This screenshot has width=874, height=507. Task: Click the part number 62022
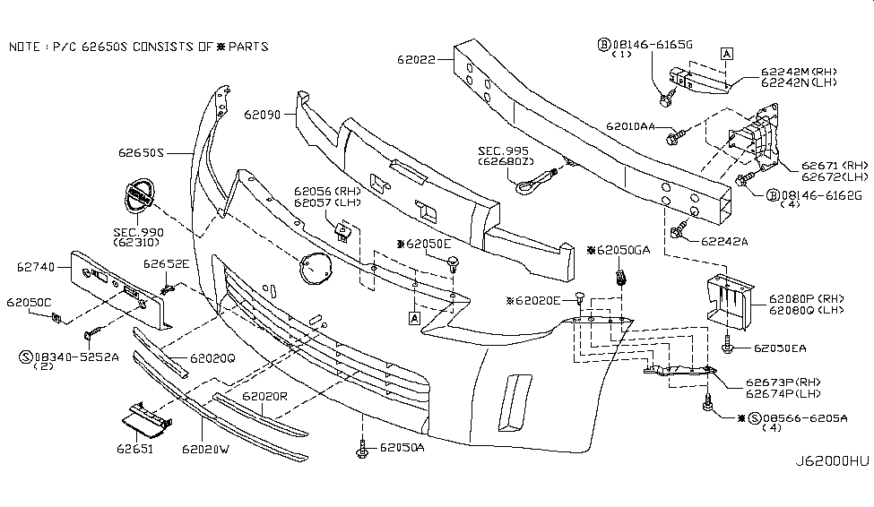(417, 61)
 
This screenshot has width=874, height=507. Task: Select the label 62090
(263, 115)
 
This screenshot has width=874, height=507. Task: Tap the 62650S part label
(141, 153)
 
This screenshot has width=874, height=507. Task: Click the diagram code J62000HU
(833, 462)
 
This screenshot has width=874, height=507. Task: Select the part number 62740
(36, 266)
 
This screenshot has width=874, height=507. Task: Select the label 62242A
(723, 241)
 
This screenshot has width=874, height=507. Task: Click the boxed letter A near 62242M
(727, 54)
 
